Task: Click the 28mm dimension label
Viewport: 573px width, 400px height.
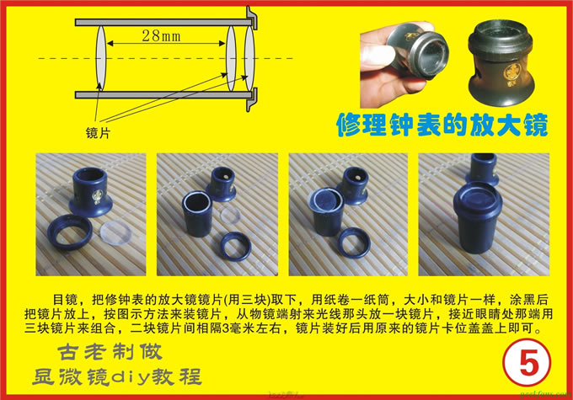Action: [x=161, y=36]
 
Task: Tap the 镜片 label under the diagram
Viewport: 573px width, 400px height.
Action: [x=98, y=133]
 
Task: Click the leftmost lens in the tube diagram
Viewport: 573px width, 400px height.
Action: [x=101, y=58]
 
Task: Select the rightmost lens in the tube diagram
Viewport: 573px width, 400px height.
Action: [x=249, y=58]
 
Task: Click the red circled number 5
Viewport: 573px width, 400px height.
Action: [x=527, y=362]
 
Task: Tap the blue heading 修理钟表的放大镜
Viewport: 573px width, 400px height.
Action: [x=442, y=125]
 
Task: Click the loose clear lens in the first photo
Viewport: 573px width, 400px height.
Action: [x=115, y=233]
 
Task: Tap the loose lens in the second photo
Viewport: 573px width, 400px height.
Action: [x=230, y=216]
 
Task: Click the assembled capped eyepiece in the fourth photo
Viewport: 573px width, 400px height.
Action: [x=478, y=218]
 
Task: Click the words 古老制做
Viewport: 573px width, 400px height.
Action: [x=110, y=351]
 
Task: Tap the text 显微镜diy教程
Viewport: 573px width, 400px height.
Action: [x=117, y=377]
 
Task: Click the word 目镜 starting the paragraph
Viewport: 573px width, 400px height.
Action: [x=65, y=300]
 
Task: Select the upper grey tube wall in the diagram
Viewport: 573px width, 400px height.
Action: [x=163, y=22]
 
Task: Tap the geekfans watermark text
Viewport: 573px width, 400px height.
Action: [x=545, y=394]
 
